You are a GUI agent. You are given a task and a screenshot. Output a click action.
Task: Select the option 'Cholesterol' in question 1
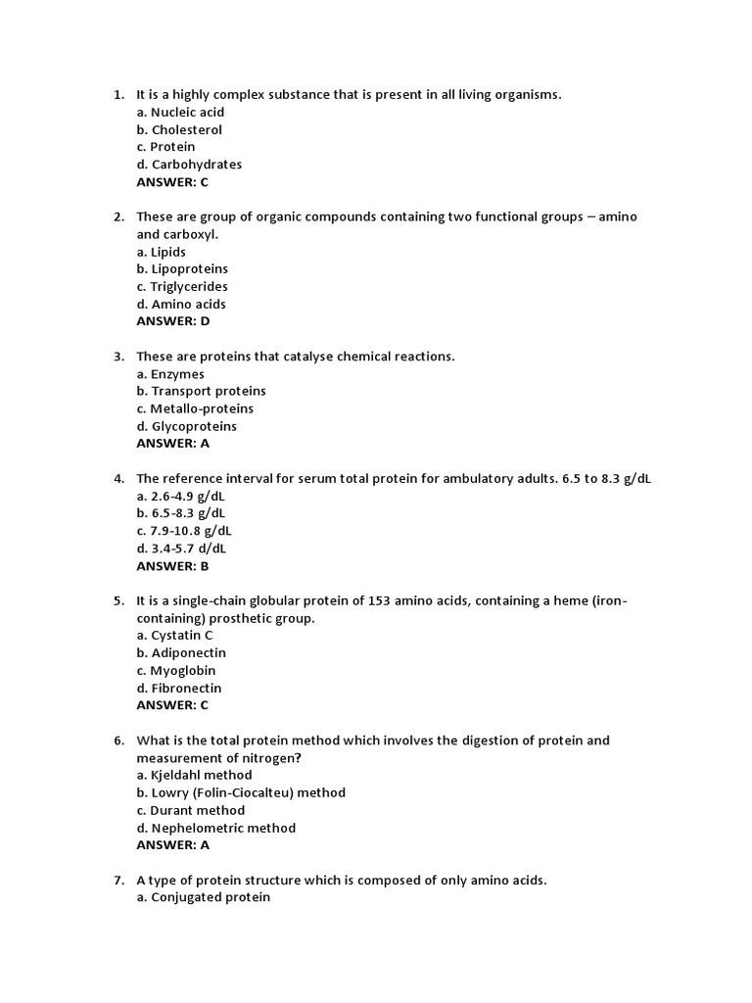(179, 129)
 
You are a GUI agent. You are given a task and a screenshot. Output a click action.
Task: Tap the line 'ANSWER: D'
(173, 321)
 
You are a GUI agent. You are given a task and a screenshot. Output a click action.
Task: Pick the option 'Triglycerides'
(182, 286)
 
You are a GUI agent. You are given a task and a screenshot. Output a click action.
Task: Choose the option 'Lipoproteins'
(182, 268)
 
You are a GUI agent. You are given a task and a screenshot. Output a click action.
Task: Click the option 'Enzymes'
(170, 374)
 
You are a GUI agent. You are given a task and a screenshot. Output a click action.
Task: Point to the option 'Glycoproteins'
(186, 426)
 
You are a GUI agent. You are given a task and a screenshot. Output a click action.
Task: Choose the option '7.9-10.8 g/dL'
(184, 531)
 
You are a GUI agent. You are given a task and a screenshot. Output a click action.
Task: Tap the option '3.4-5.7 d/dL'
(181, 549)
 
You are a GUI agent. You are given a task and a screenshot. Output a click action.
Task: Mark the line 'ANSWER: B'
(173, 566)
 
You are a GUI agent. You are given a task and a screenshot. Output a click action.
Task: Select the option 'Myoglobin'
(176, 670)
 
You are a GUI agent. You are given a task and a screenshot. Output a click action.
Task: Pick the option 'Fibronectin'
(179, 688)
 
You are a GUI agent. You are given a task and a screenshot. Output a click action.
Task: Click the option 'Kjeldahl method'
(194, 775)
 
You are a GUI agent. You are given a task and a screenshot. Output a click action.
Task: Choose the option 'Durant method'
(191, 810)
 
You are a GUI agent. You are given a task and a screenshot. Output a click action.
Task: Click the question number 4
(117, 478)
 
